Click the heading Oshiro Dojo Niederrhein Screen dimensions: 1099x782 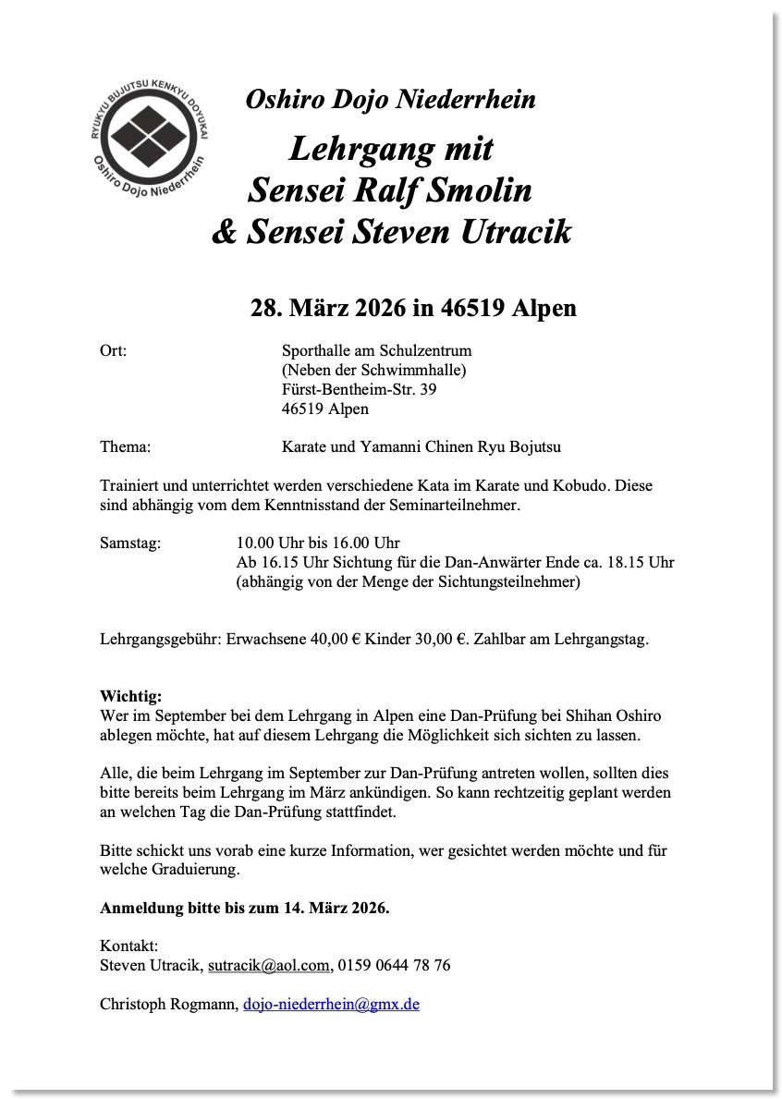pos(390,100)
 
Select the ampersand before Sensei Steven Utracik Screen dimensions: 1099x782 pos(225,231)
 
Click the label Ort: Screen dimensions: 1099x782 pos(113,350)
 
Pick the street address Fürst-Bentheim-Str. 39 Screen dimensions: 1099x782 pos(359,389)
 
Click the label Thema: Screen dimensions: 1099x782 pos(125,447)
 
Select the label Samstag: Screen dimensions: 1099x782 pos(129,543)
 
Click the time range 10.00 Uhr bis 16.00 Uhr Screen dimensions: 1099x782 pos(318,543)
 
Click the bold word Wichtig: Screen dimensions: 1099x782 pos(130,695)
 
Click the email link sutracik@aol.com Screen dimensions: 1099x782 pos(268,965)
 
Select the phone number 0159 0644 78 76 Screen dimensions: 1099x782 pos(394,965)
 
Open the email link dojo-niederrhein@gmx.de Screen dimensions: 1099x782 pos(331,1004)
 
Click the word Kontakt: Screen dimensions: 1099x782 pos(128,946)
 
